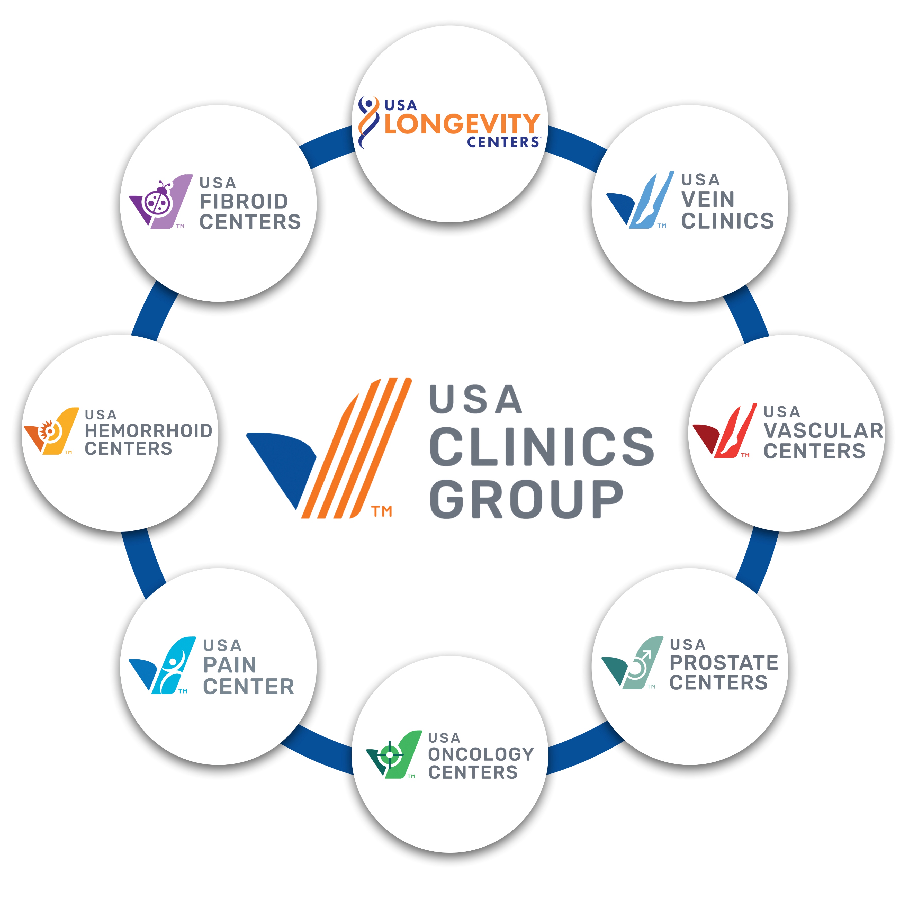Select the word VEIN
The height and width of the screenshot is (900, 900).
point(708,199)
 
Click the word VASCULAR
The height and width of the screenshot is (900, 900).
point(823,430)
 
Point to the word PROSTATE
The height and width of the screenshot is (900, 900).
point(723,662)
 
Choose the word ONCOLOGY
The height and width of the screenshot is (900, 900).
point(481,754)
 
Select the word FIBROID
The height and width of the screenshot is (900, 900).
point(244,202)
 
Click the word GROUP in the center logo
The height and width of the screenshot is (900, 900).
point(526,499)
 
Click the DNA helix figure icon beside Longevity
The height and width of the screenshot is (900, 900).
point(368,122)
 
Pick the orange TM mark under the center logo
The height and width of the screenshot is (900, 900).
point(382,511)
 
